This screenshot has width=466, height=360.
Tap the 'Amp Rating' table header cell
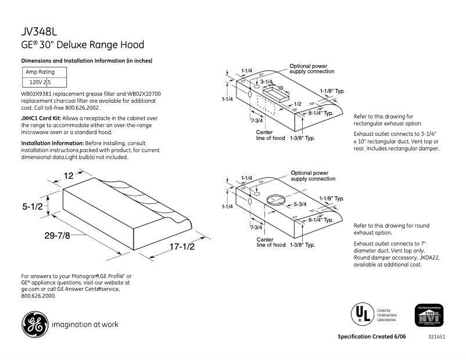pos(40,72)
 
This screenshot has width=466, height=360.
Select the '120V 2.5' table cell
pos(40,82)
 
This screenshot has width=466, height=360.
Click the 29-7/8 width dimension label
pos(57,235)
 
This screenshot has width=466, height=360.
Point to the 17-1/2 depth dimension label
pos(181,247)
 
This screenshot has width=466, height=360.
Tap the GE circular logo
pos(35,323)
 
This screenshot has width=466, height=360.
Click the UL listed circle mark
pos(361,315)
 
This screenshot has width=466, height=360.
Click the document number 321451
pos(436,337)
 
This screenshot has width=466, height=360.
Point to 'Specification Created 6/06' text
pos(372,337)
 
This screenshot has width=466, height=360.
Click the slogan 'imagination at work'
pos(85,324)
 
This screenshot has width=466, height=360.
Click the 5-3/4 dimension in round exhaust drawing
pos(300,204)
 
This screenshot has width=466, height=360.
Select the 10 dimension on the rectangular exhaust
pos(279,88)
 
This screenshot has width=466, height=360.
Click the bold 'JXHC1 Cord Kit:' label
pos(41,118)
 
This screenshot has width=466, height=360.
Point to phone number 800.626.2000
pos(38,296)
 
